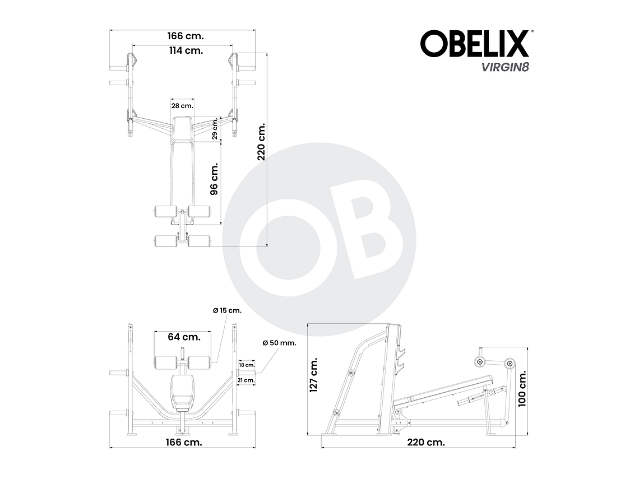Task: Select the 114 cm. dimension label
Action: pos(186,50)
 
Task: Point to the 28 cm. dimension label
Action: pos(182,105)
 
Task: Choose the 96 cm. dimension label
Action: pos(214,179)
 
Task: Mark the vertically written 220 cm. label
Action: pos(261,142)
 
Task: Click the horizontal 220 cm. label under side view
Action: pos(426,442)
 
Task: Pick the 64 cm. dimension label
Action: pos(184,337)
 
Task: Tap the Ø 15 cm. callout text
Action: pos(227,310)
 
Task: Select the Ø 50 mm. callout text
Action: pos(279,343)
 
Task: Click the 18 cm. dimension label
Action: pos(247,365)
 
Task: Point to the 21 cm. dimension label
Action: pos(247,380)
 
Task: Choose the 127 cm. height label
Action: pos(314,375)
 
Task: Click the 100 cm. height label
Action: pos(522,388)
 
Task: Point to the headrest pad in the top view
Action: pos(182,128)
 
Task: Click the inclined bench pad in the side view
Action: pos(443,390)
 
